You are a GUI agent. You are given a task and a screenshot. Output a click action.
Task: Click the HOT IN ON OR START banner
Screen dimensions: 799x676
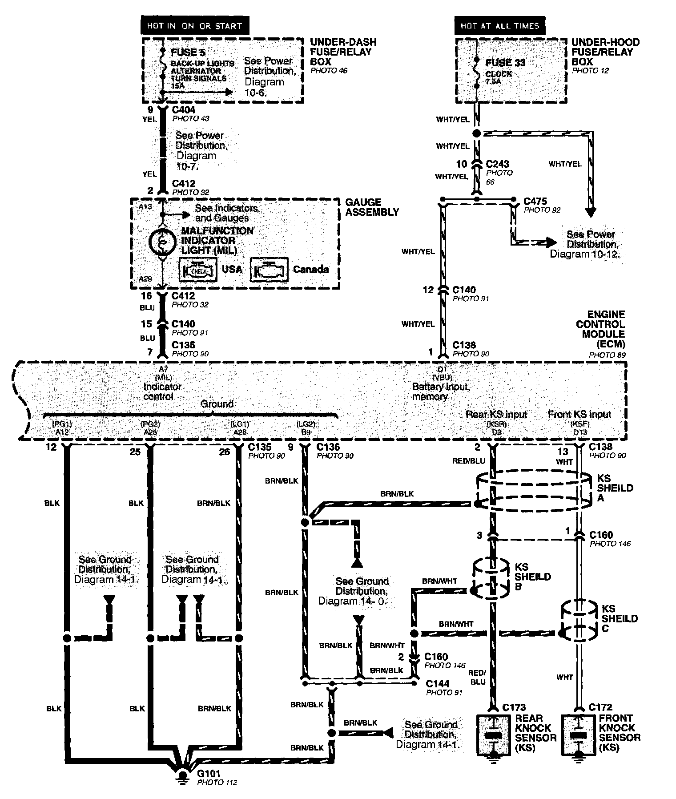[x=195, y=26]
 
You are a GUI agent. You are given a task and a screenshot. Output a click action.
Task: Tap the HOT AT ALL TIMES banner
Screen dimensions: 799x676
[x=499, y=26]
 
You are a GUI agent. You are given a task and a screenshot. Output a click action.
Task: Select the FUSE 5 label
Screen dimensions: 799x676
[x=188, y=52]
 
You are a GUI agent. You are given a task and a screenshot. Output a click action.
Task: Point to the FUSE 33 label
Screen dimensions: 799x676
[x=505, y=63]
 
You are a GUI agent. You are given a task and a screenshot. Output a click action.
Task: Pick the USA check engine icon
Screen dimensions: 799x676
[x=198, y=270]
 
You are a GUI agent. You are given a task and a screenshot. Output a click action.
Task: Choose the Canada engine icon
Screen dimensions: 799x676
[x=269, y=270]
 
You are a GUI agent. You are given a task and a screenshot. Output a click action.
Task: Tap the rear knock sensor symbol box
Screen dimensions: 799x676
[x=493, y=735]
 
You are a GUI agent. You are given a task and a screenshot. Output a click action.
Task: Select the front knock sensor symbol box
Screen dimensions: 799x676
[x=578, y=735]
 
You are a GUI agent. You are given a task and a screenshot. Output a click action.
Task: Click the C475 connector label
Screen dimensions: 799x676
[x=535, y=202]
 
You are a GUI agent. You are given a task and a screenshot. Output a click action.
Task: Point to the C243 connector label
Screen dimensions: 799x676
[x=498, y=164]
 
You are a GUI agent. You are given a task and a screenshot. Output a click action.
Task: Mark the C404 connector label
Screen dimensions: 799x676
[x=183, y=109]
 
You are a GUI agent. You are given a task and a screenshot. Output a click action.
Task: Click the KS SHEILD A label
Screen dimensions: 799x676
[x=615, y=488]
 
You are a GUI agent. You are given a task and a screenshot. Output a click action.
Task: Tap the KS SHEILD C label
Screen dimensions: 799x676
[x=620, y=618]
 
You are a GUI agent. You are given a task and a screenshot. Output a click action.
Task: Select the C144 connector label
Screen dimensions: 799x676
[x=438, y=683]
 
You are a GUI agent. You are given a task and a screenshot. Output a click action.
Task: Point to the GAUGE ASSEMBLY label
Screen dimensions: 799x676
[x=372, y=207]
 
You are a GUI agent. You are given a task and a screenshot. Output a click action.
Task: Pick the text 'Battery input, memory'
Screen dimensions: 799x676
[x=440, y=391]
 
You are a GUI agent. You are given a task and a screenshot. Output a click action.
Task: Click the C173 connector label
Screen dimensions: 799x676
[x=514, y=707]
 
